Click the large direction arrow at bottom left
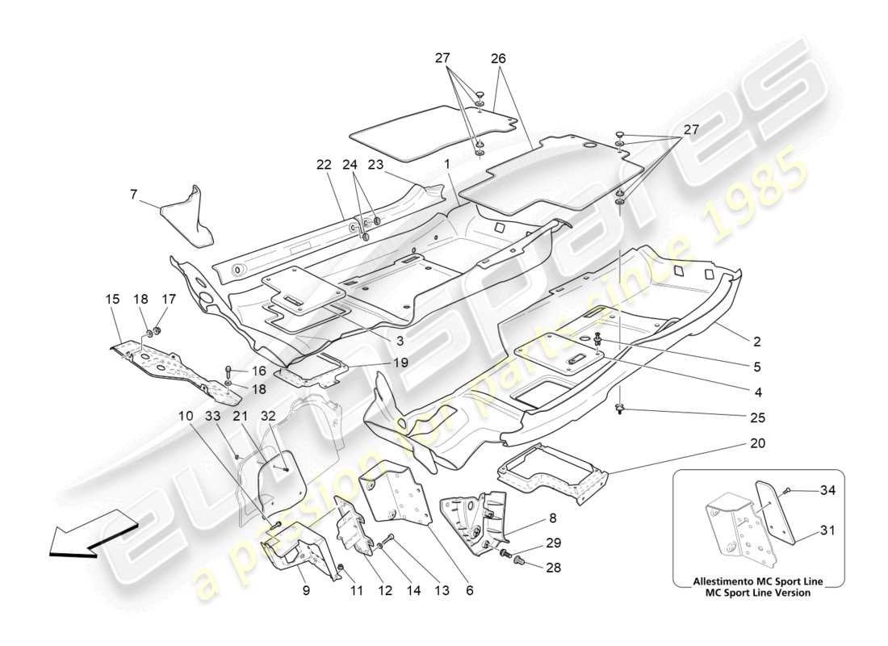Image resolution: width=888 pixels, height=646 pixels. (x=87, y=538)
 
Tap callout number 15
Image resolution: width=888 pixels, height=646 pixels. (x=112, y=299)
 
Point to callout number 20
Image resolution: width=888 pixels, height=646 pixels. (x=756, y=444)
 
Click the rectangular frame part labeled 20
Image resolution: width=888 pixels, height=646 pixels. (x=553, y=472)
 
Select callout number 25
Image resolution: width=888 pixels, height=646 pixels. (x=756, y=418)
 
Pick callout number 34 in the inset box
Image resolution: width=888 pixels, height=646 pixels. (x=827, y=490)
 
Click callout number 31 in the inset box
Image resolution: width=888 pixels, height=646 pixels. (x=827, y=531)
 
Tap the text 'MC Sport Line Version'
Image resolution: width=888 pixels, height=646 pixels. (x=757, y=592)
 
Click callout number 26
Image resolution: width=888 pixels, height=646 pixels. (x=498, y=58)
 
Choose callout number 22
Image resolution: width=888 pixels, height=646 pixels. (x=324, y=165)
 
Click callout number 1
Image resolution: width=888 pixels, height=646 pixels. (x=446, y=165)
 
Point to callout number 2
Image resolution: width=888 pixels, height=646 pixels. (x=756, y=342)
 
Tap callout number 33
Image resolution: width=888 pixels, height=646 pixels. (x=212, y=416)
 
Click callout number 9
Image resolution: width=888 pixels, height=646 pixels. (x=306, y=591)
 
